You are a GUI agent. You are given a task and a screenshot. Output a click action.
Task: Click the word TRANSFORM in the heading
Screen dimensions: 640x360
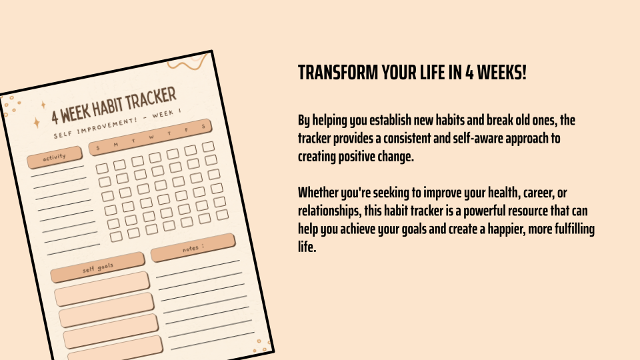click(338, 73)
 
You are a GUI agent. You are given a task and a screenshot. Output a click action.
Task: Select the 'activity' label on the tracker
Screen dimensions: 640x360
click(54, 157)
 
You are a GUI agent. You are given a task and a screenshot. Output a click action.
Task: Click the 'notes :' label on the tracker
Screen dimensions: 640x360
click(193, 248)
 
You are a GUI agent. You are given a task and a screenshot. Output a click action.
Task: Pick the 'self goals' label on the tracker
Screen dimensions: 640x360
click(97, 268)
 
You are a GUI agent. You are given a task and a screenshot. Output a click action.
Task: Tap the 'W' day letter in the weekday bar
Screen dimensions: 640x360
click(151, 137)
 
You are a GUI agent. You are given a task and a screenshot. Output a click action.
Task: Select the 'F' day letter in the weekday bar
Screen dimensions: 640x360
click(187, 130)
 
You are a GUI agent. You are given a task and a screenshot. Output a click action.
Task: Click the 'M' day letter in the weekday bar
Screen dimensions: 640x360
click(116, 145)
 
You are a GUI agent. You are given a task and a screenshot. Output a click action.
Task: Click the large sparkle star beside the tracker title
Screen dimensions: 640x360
click(36, 123)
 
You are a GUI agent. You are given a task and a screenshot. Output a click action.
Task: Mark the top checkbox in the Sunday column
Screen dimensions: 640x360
click(101, 168)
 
